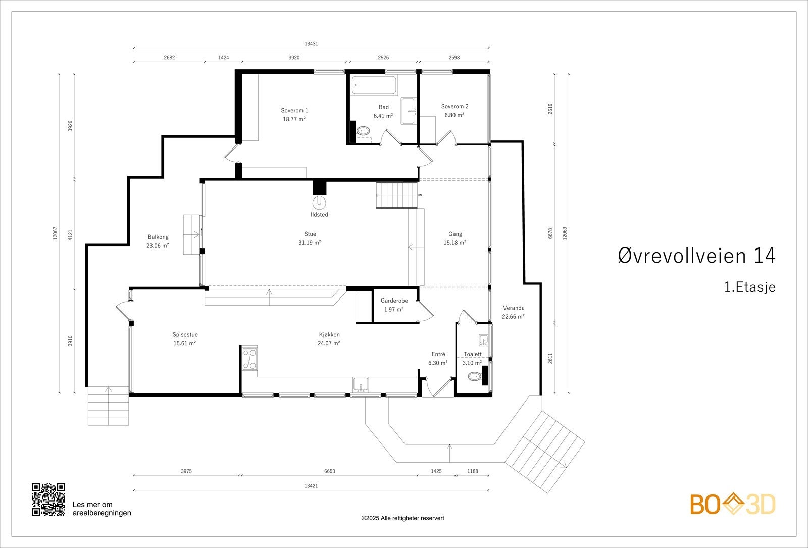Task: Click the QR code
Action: click(x=48, y=500)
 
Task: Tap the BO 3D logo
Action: click(x=733, y=504)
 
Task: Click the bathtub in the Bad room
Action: click(x=374, y=85)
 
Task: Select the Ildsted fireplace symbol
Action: click(x=319, y=203)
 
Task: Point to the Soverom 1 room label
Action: click(x=294, y=111)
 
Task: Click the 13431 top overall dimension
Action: click(x=311, y=44)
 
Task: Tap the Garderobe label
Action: click(x=394, y=301)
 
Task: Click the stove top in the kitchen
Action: click(x=249, y=358)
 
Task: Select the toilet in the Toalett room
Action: click(x=474, y=377)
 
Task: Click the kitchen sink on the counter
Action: click(x=361, y=384)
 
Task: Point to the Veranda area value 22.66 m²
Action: click(x=513, y=317)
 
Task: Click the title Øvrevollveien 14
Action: click(x=696, y=256)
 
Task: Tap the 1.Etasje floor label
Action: click(x=750, y=287)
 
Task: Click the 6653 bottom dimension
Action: click(x=329, y=471)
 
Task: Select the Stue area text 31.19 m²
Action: click(x=310, y=243)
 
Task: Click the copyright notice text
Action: click(x=402, y=518)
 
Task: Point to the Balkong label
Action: click(x=158, y=237)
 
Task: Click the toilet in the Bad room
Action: click(x=363, y=131)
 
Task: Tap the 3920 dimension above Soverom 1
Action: click(x=294, y=58)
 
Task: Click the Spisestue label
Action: click(x=185, y=335)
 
